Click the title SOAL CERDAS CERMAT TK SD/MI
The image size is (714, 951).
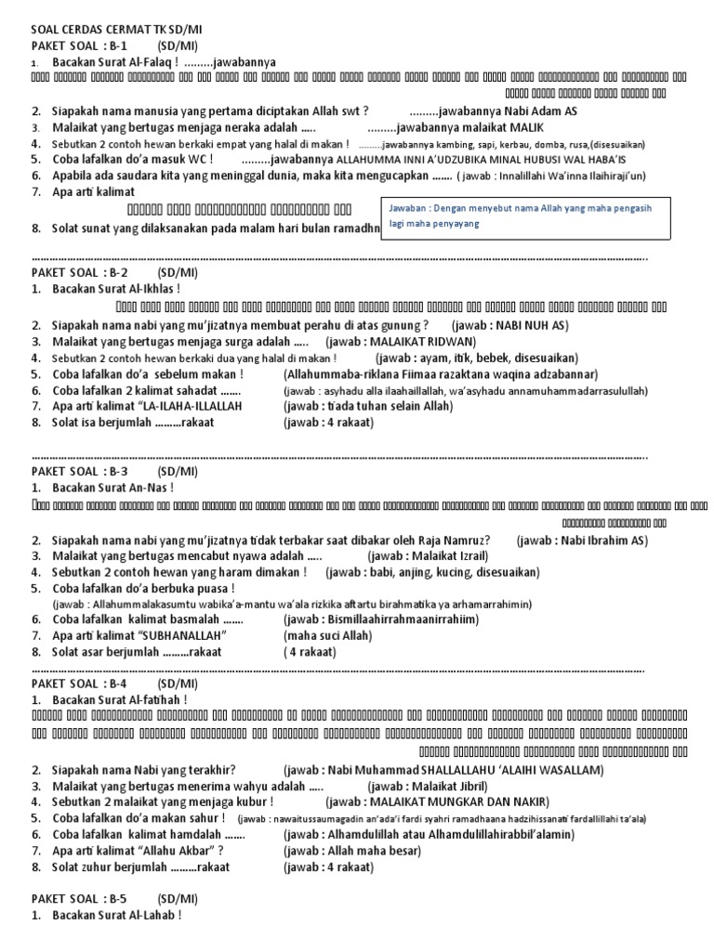point(116,29)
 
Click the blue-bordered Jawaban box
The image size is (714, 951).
point(528,218)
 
